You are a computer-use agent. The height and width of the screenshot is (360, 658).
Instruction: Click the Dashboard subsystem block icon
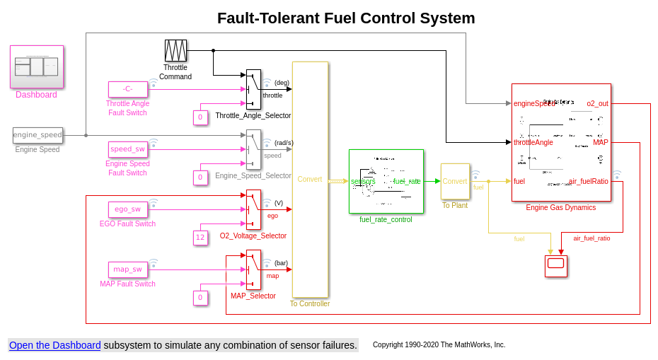point(37,66)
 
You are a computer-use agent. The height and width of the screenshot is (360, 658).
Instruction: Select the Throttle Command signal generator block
point(175,51)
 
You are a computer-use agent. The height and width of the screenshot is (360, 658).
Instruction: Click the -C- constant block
point(128,89)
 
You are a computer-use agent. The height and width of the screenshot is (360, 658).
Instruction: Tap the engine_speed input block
point(37,135)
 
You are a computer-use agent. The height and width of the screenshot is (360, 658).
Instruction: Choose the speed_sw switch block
point(128,149)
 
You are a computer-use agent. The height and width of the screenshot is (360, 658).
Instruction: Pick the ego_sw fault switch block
point(128,209)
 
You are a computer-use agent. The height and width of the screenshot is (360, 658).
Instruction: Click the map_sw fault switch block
point(128,269)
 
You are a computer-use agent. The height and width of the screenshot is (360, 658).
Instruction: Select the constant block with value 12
point(200,238)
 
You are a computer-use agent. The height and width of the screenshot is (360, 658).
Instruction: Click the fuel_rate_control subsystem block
point(386,181)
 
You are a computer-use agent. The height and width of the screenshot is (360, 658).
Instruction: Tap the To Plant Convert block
point(455,181)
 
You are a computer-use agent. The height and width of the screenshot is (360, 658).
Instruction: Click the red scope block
point(555,266)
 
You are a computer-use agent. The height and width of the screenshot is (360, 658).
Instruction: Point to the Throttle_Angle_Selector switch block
point(253,90)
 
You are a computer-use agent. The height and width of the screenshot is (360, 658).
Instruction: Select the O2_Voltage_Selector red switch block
point(253,209)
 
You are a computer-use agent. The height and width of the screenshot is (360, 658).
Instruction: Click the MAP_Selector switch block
point(253,269)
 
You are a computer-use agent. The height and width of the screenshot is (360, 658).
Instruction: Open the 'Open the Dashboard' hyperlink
point(54,345)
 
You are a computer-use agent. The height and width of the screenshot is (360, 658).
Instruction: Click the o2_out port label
point(597,103)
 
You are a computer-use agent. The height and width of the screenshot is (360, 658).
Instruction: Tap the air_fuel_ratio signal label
point(591,238)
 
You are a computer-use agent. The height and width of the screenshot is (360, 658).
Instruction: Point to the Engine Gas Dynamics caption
point(560,207)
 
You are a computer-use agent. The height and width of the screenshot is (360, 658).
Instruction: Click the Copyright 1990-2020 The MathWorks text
point(439,345)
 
